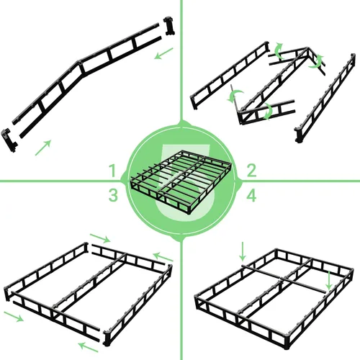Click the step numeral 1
tap(112, 170)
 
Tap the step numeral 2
tap(251, 170)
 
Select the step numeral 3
tap(113, 194)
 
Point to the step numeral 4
tap(251, 194)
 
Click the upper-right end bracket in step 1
tap(171, 25)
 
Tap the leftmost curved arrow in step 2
tap(234, 96)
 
